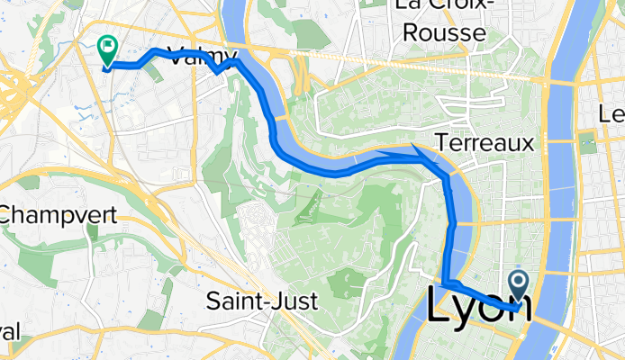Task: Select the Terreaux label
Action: [484, 142]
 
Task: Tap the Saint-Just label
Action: [261, 301]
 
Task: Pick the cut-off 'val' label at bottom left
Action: [9, 330]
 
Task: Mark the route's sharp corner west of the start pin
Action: [445, 285]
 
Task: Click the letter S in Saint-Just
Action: [213, 301]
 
